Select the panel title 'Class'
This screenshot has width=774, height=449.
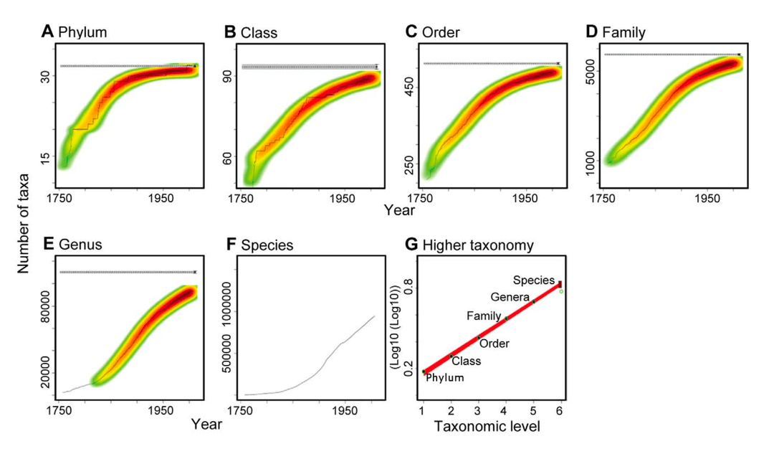(259, 32)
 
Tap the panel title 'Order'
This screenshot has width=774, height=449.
(441, 32)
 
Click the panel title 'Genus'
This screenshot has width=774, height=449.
(81, 245)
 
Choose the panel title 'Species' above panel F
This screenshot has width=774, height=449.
(269, 245)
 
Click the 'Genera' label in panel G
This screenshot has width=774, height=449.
(510, 297)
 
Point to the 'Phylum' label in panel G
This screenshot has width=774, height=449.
(445, 378)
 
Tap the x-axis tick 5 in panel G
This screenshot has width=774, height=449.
(532, 410)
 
